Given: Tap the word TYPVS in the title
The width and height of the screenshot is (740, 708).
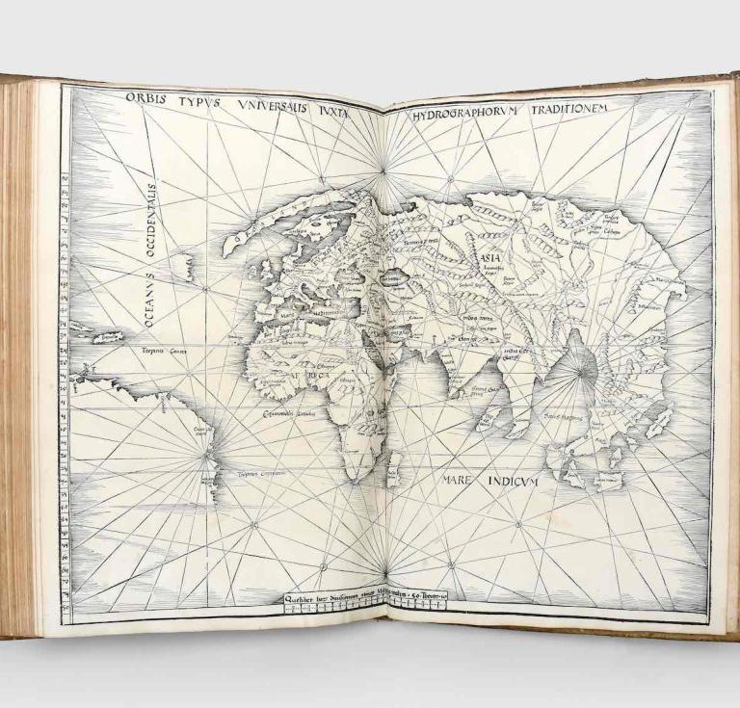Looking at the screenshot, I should (x=198, y=102).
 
